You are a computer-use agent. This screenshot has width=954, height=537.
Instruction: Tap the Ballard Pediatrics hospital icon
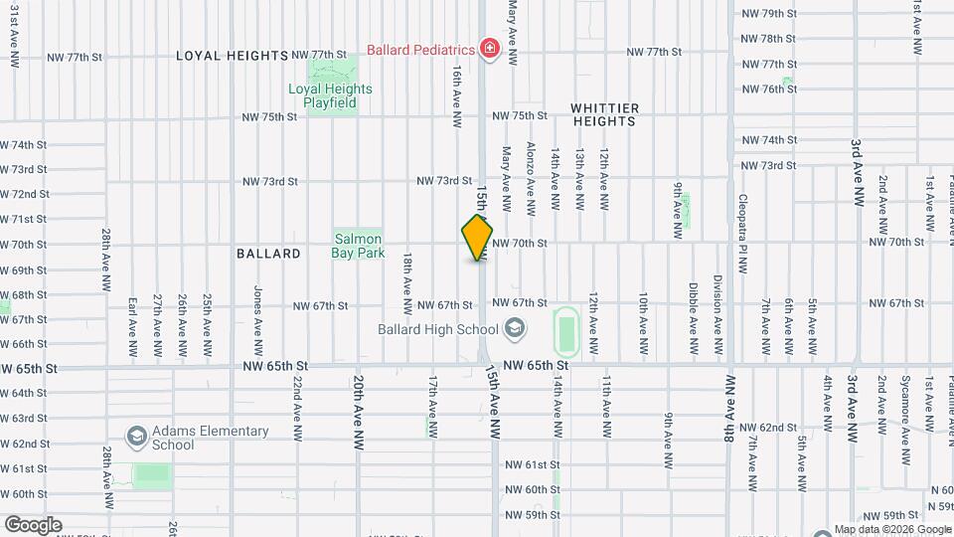[x=488, y=49]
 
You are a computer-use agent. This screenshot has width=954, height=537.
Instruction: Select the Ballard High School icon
[x=515, y=328]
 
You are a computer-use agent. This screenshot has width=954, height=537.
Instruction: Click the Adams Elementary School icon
[x=136, y=437]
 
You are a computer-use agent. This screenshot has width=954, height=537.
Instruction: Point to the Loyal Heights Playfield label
[x=330, y=95]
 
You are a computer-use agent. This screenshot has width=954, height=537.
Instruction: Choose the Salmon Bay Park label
[x=358, y=246]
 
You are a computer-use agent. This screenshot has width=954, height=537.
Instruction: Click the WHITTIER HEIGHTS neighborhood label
[x=603, y=113]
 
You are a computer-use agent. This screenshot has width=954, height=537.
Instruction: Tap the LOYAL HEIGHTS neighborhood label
[x=233, y=56]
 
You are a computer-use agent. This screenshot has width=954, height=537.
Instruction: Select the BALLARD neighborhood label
[x=268, y=254]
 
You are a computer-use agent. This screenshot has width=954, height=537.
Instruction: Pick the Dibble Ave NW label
[x=693, y=320]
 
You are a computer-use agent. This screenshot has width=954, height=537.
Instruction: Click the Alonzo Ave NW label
[x=531, y=178]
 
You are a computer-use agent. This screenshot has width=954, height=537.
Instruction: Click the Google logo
[x=33, y=525]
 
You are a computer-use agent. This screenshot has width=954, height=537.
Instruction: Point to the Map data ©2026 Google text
[x=892, y=529]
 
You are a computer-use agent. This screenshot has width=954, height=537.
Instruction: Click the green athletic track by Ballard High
[x=566, y=330]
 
